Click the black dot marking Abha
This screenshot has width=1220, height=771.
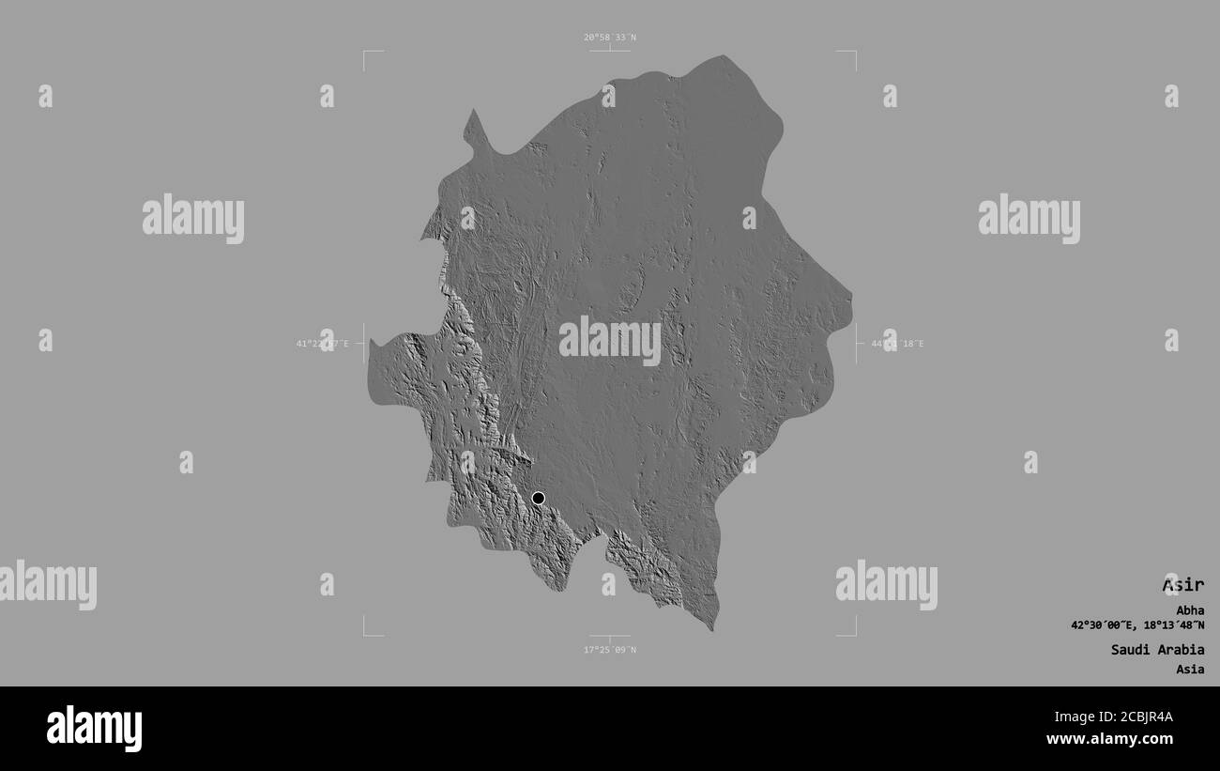pyautogui.click(x=538, y=498)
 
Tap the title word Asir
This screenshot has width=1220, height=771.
pyautogui.click(x=1182, y=585)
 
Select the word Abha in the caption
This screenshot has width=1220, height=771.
pyautogui.click(x=1191, y=609)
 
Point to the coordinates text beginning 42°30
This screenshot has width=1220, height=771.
pyautogui.click(x=1137, y=625)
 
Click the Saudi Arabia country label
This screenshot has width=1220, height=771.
pyautogui.click(x=1157, y=649)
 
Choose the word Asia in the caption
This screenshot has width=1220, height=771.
pyautogui.click(x=1190, y=670)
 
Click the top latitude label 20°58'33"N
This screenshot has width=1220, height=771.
pyautogui.click(x=609, y=38)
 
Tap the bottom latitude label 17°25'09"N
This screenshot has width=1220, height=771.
pyautogui.click(x=609, y=650)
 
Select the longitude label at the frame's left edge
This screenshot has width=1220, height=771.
pyautogui.click(x=322, y=344)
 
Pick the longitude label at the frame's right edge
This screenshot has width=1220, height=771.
pyautogui.click(x=897, y=344)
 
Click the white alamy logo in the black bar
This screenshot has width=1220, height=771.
pyautogui.click(x=94, y=729)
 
